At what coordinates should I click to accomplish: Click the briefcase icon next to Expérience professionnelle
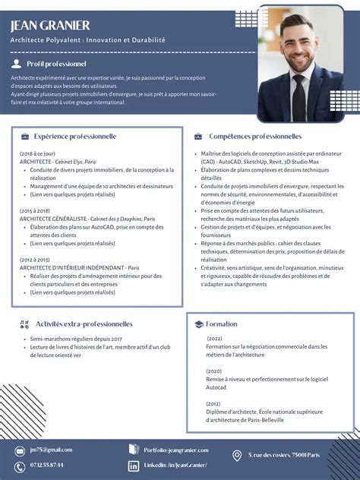click(25, 137)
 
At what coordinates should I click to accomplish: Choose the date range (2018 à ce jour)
click(37, 153)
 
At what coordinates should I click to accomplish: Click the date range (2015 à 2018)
click(35, 210)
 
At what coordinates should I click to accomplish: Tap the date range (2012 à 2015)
click(35, 259)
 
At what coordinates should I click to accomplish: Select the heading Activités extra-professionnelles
click(84, 324)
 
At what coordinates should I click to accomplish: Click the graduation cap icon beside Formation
click(198, 324)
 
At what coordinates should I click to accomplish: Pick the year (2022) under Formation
click(214, 338)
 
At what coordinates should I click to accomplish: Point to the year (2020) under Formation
click(213, 371)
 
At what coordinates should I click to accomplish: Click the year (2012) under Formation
click(213, 404)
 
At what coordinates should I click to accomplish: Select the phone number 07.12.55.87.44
click(46, 465)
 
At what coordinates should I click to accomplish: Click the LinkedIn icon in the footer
click(134, 465)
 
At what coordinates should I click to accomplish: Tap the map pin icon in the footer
click(237, 456)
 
